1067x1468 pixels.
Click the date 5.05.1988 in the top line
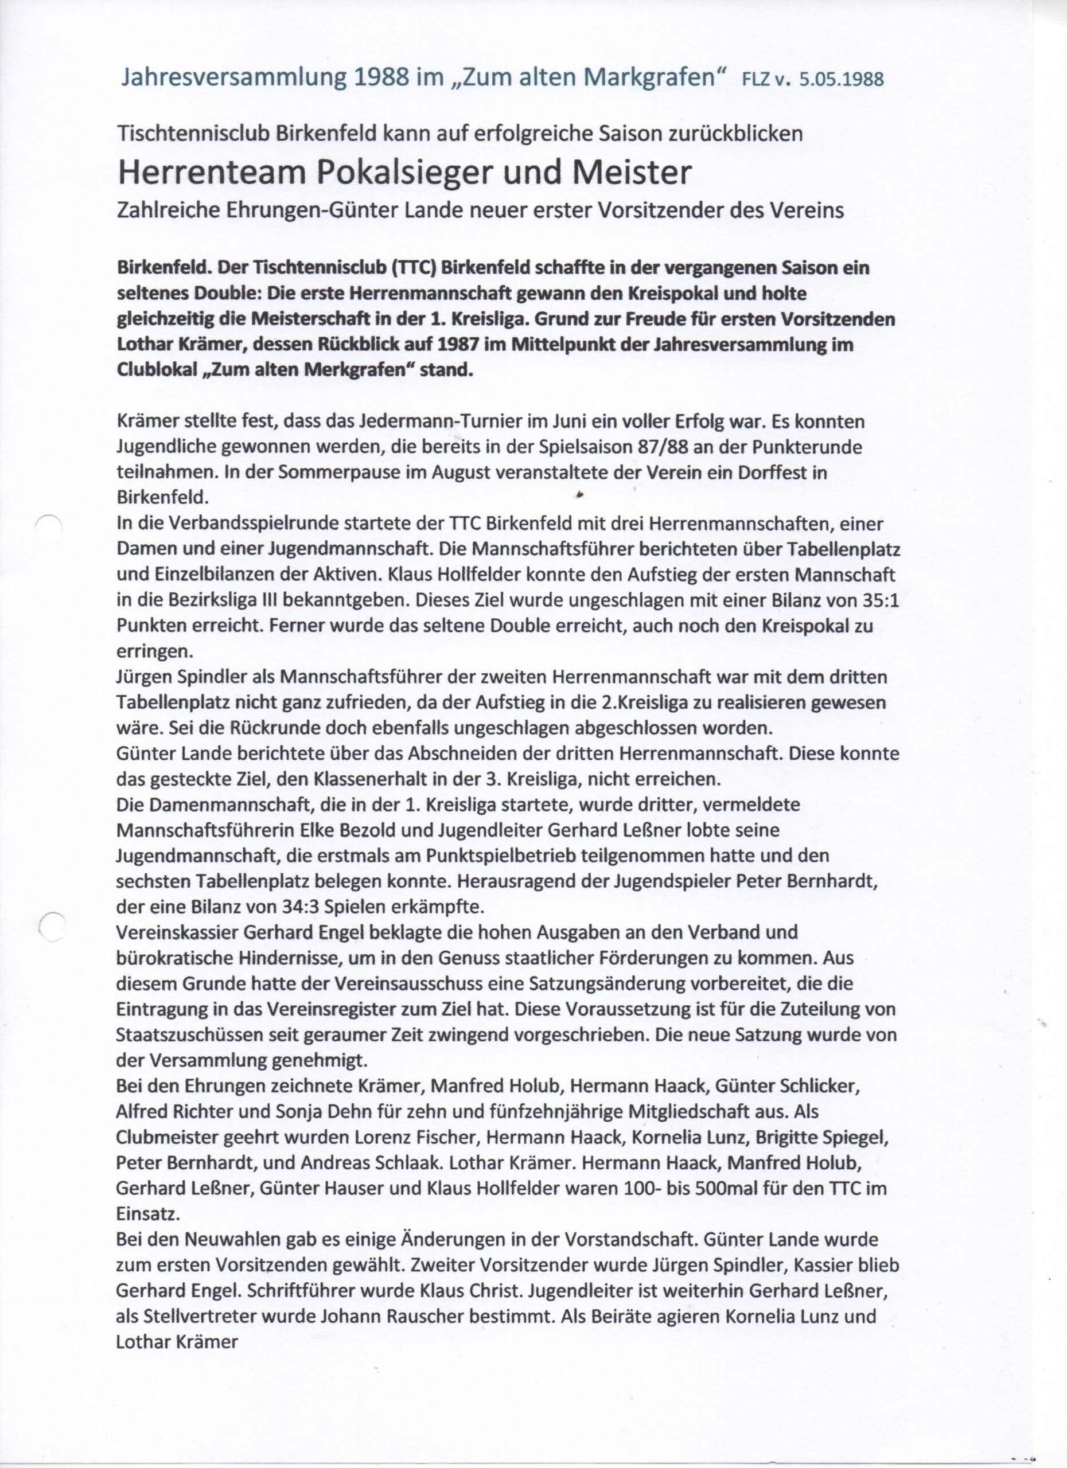842,79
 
